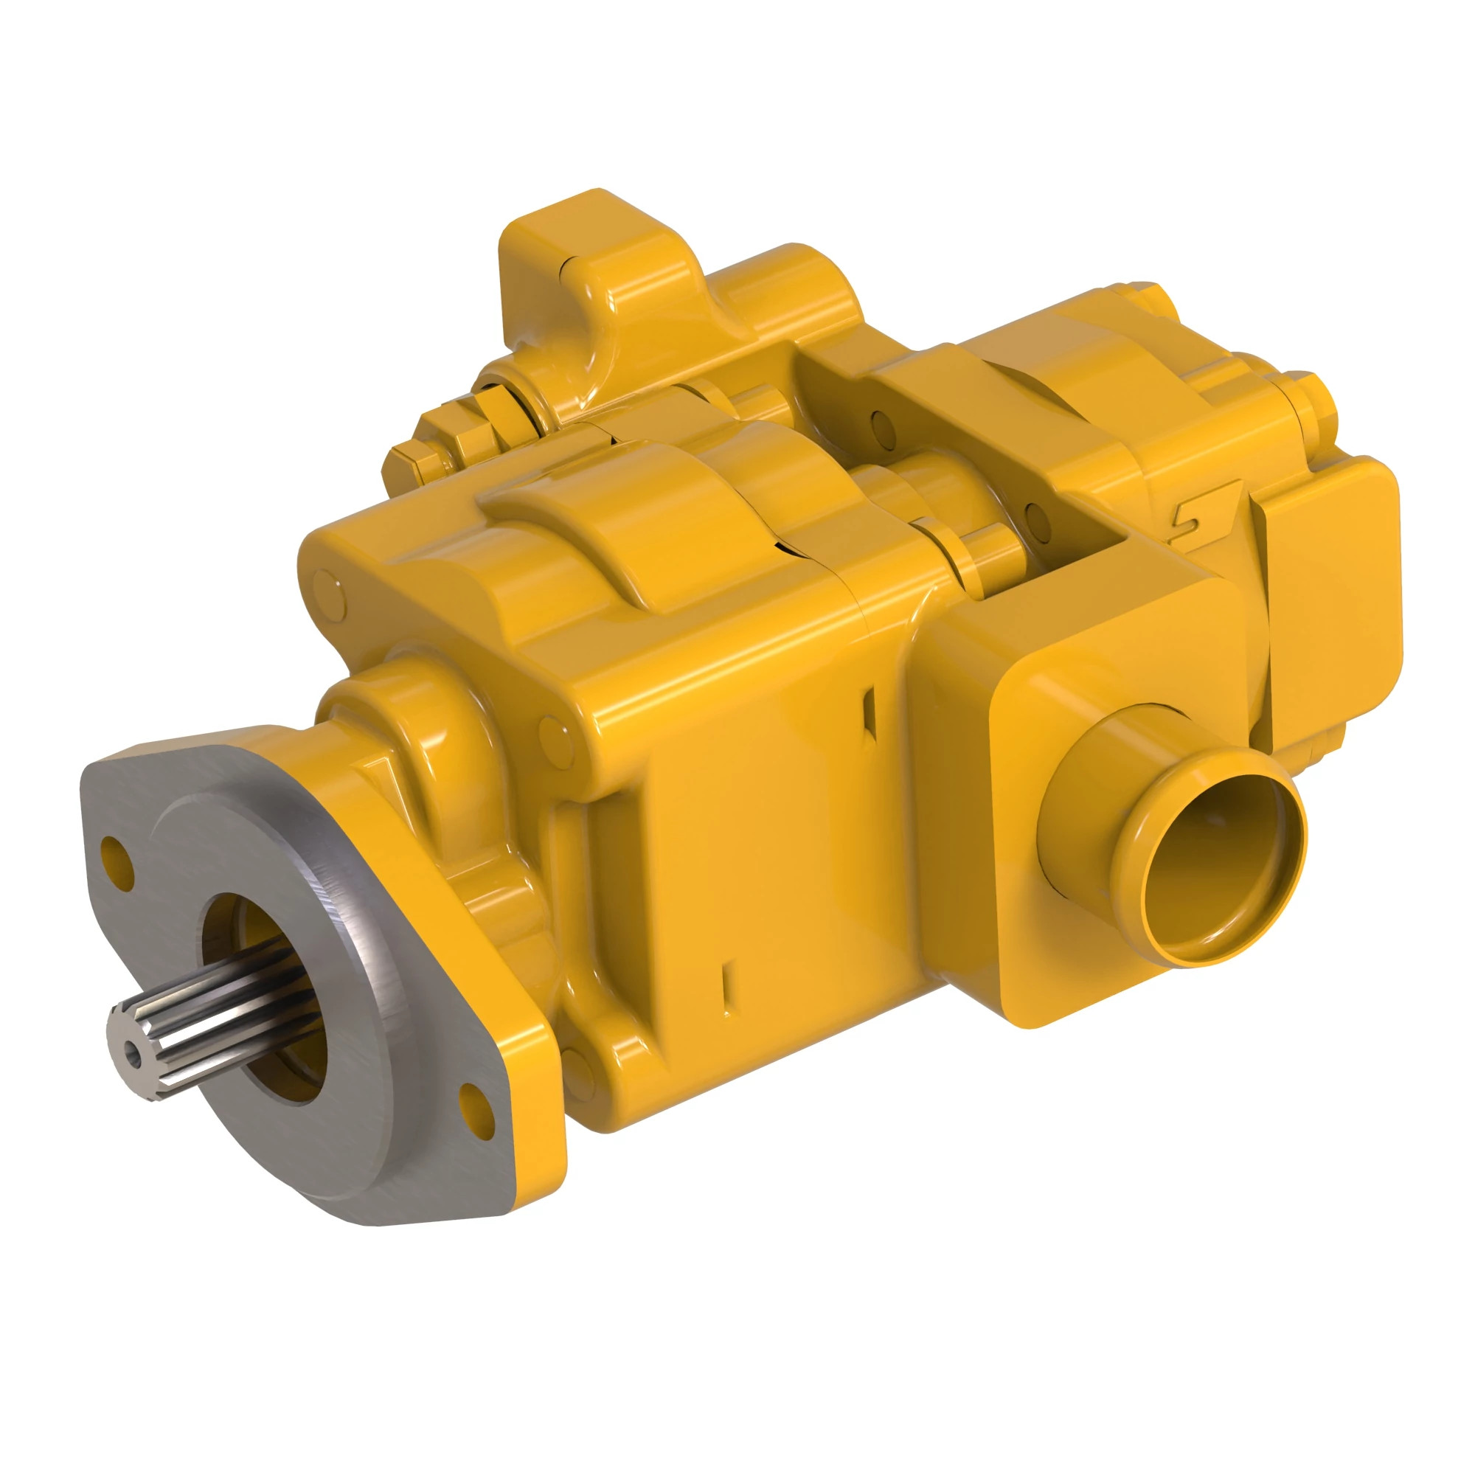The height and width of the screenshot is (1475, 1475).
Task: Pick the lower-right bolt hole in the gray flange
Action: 473,1100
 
